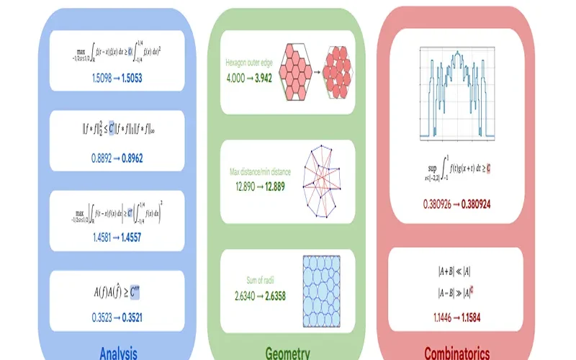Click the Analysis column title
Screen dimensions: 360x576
point(118,353)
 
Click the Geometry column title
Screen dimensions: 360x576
point(287,353)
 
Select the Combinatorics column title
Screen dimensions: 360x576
point(456,353)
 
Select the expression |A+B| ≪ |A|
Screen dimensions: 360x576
point(456,271)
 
